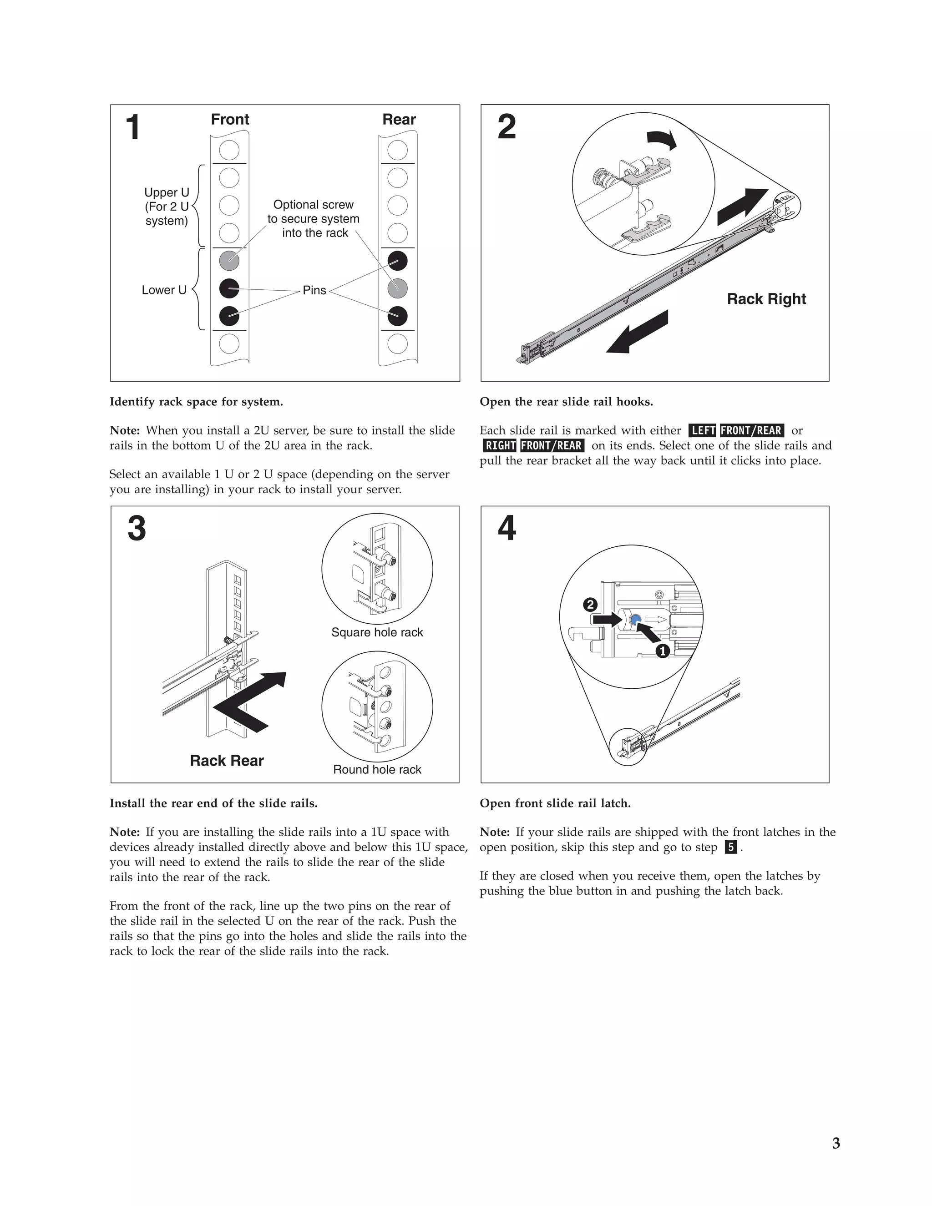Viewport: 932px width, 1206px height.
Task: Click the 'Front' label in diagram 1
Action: point(230,119)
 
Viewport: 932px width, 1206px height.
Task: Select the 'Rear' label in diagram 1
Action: point(399,119)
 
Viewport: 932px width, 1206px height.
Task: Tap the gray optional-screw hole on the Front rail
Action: point(229,261)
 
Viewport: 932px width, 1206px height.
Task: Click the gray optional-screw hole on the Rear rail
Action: point(397,288)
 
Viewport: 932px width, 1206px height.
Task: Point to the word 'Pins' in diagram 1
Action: point(314,290)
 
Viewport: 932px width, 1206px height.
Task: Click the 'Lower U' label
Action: point(164,290)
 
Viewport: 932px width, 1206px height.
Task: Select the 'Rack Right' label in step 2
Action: point(766,299)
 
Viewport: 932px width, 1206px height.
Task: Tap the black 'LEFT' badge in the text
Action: point(703,430)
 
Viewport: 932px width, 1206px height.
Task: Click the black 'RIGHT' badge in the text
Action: point(501,446)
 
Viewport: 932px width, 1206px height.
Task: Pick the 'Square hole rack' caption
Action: point(377,632)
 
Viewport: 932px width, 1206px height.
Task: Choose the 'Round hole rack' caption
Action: point(377,769)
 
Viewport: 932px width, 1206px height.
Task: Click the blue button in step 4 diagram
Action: point(635,620)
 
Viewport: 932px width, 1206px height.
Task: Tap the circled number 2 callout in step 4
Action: point(590,605)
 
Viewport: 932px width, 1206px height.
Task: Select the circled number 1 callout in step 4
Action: point(663,651)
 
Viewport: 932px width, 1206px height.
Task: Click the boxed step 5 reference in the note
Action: point(730,847)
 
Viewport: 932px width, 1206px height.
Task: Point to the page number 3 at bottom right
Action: point(836,1144)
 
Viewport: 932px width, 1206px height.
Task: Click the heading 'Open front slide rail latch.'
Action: point(555,803)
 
